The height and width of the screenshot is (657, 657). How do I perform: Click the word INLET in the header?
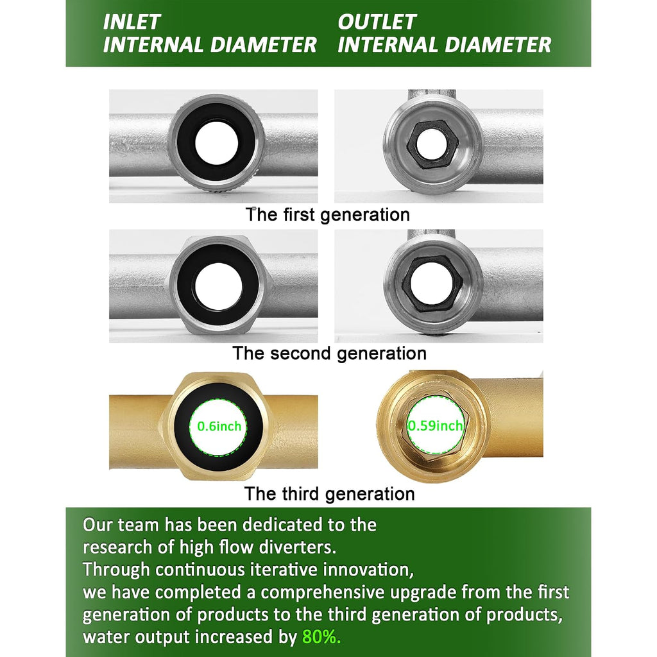[132, 22]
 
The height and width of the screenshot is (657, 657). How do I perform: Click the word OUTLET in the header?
[377, 22]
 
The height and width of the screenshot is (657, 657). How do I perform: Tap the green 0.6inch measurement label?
[219, 426]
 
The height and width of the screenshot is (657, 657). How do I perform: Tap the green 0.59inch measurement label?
[436, 426]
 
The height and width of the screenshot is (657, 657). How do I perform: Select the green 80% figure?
[321, 637]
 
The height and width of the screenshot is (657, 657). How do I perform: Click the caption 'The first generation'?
[328, 214]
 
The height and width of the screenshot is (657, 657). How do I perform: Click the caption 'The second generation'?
[329, 354]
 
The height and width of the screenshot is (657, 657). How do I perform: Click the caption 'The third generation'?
[329, 493]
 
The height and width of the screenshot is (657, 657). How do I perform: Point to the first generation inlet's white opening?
[217, 144]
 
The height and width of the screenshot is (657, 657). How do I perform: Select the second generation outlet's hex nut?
[432, 282]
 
